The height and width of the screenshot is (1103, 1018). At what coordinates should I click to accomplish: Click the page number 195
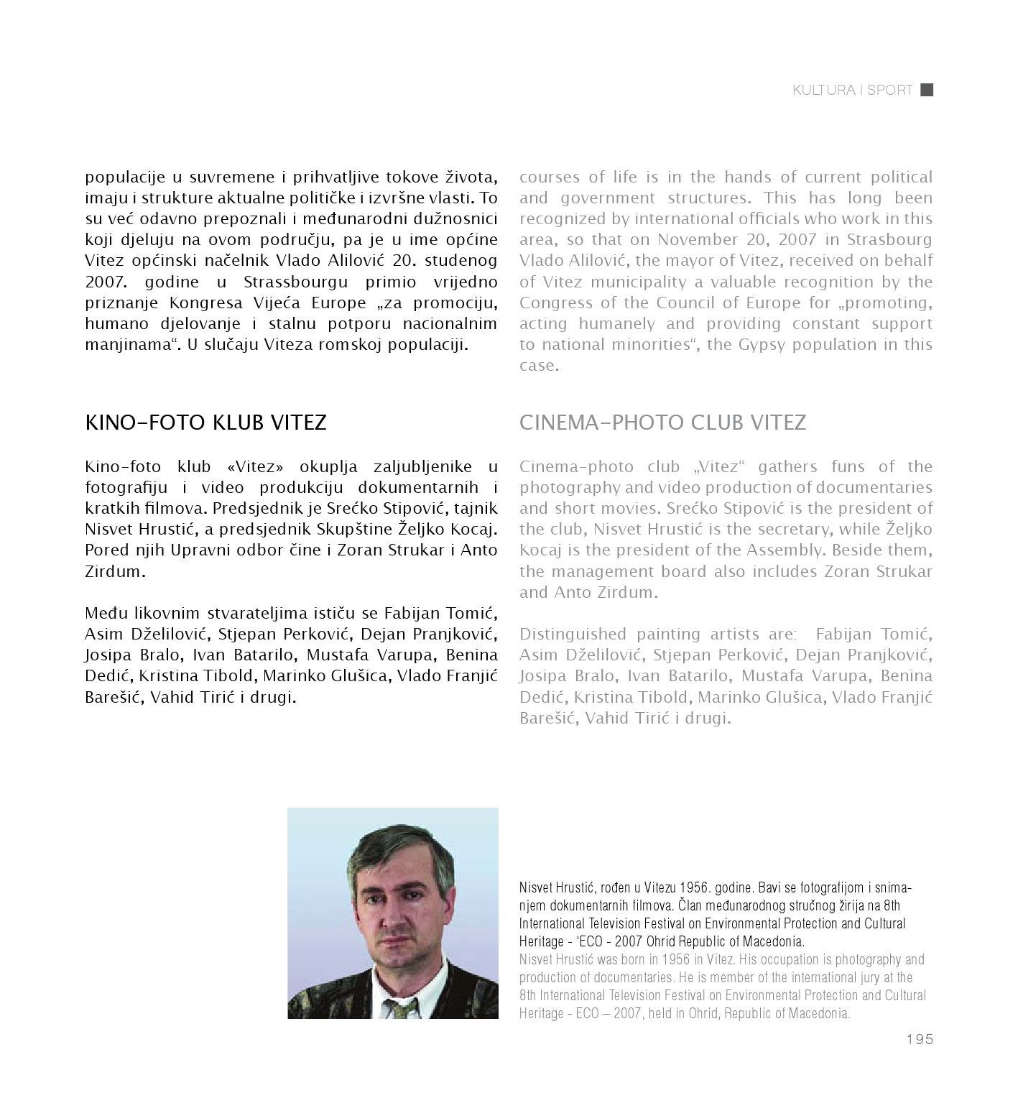[919, 1039]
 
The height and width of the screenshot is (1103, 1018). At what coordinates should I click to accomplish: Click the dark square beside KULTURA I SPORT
[927, 90]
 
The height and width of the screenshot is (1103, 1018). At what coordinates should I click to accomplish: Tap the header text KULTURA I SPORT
[852, 91]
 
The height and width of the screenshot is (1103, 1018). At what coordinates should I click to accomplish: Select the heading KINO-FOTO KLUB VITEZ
[205, 423]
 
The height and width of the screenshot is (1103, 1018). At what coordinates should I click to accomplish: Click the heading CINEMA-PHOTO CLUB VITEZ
[662, 423]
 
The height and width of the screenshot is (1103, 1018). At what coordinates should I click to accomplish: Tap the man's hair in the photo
[388, 848]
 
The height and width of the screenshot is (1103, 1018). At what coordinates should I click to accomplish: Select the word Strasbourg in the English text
[889, 240]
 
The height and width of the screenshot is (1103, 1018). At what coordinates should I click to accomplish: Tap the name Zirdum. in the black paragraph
[116, 572]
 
